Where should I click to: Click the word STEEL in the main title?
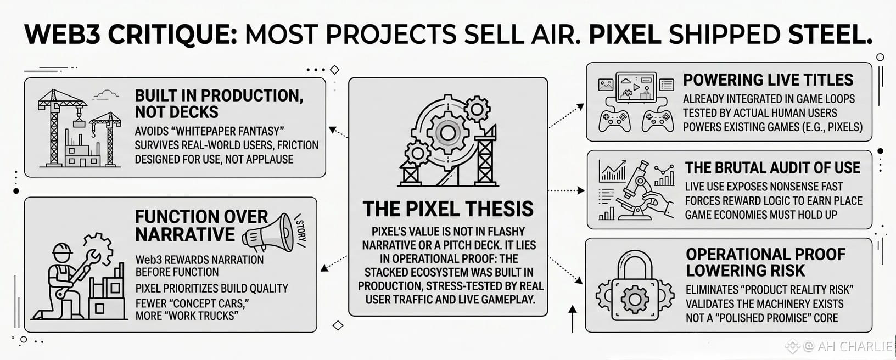[x=827, y=34]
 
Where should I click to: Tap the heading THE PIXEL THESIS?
[x=448, y=209]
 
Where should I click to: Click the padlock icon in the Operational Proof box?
[x=635, y=286]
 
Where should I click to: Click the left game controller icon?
[x=614, y=121]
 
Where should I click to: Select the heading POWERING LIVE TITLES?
[x=768, y=80]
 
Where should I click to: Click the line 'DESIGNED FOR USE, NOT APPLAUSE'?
[x=214, y=159]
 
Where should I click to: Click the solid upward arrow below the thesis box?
[x=573, y=319]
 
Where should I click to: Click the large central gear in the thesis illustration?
[x=447, y=133]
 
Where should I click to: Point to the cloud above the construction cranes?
[x=105, y=95]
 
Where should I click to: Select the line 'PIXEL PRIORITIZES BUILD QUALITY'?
[x=211, y=289]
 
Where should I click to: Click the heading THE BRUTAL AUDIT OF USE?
[x=772, y=168]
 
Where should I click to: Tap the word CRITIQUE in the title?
[x=173, y=35]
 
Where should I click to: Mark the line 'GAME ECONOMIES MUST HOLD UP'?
[x=761, y=215]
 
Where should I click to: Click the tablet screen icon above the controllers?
[x=636, y=87]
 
